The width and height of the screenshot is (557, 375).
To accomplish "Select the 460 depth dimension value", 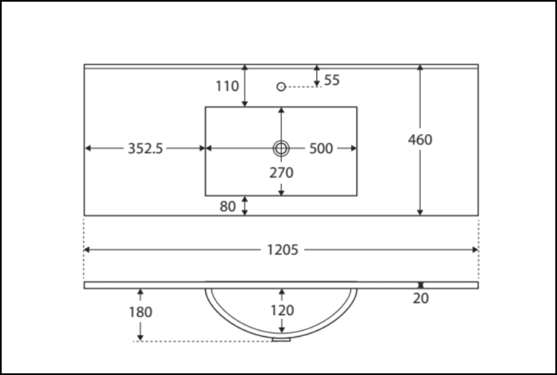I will click(x=420, y=140).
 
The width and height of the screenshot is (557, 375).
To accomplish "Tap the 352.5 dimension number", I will click(x=145, y=149).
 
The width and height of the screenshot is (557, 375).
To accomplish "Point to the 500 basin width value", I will click(x=321, y=149).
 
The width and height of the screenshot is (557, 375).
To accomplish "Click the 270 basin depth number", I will click(x=281, y=173).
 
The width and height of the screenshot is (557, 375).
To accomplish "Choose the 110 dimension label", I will click(x=227, y=86).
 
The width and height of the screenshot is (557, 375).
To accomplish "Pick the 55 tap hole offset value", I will click(x=331, y=80).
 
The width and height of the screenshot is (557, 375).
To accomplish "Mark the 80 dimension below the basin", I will click(x=227, y=206).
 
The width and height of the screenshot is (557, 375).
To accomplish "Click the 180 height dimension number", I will click(x=140, y=312).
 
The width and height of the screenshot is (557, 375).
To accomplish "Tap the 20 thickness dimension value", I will click(x=421, y=298).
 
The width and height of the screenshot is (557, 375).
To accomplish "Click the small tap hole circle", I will click(x=281, y=86).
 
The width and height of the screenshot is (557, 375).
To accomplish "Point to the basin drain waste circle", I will click(x=281, y=148).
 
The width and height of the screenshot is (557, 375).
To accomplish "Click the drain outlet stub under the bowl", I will click(x=281, y=339).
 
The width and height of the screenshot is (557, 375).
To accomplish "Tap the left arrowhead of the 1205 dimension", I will click(x=87, y=250).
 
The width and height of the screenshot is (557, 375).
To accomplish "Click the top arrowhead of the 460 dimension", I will click(x=420, y=67).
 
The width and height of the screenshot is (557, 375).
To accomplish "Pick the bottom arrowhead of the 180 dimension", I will click(x=140, y=338).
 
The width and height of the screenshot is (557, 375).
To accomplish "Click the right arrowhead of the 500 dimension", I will click(x=354, y=148).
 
